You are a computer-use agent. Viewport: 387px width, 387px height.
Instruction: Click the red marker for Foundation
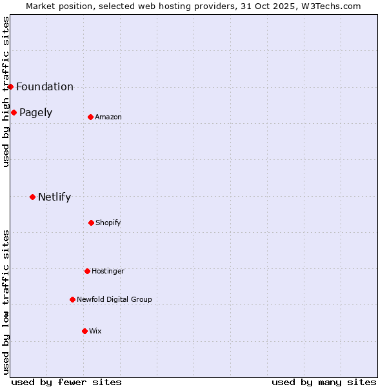point(10,86)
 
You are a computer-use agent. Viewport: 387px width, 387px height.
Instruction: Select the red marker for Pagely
point(14,112)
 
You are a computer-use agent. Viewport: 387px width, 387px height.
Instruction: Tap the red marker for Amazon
point(90,117)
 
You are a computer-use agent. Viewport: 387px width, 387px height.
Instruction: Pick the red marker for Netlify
point(32,197)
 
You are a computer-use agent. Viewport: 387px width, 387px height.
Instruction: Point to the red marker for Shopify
point(91,223)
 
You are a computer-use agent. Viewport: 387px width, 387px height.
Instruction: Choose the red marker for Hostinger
point(87,271)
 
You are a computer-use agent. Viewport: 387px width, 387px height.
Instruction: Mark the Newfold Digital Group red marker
point(72,299)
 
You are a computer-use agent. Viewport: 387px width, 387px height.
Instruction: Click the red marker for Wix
point(84,331)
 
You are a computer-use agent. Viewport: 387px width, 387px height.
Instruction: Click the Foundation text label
point(45,87)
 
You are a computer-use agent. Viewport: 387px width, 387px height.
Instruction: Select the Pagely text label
point(35,113)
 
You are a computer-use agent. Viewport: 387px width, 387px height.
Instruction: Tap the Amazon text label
point(108,117)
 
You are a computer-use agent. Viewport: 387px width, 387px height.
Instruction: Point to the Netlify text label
point(54,197)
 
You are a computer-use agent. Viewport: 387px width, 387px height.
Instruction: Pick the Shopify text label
point(108,223)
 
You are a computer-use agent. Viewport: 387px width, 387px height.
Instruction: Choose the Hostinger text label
point(108,272)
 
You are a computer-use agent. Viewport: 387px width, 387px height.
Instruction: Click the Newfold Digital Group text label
point(114,300)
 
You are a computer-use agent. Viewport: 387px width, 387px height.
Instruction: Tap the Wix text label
point(95,332)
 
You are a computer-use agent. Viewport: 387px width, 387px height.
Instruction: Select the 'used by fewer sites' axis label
point(66,382)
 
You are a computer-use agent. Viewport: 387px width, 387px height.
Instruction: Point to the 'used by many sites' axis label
point(324,382)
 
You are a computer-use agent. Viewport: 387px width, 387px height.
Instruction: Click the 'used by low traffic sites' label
point(6,302)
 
